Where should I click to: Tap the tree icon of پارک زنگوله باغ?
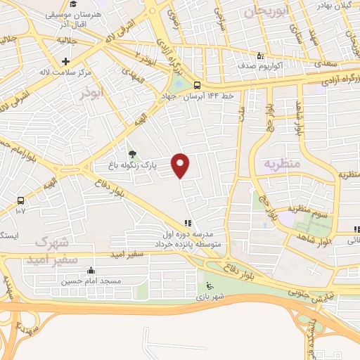coord(131,154)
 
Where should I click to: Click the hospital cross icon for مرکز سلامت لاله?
coord(65,62)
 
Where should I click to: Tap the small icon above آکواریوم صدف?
coord(261,56)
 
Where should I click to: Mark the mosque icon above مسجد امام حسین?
coord(91,271)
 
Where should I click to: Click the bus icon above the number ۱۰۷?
coord(20,200)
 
